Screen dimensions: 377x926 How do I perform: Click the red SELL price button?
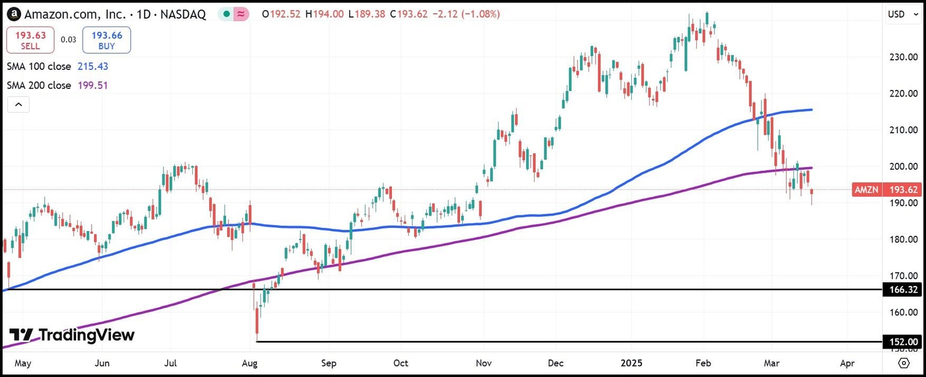pos(30,40)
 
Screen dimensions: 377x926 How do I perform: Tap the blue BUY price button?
pos(107,40)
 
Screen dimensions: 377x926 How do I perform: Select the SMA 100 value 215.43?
pos(93,66)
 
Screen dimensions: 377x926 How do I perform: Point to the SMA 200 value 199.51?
pos(93,86)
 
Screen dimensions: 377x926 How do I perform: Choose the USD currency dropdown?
pos(901,14)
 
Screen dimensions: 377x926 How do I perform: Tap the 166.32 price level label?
pos(904,290)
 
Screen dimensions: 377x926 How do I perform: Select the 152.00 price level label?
pos(904,342)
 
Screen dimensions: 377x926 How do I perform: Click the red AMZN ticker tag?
pos(866,189)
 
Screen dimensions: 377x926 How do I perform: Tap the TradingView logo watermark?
pos(72,335)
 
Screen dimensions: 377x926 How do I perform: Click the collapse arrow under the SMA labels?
pos(19,104)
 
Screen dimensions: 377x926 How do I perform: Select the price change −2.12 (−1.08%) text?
pos(464,14)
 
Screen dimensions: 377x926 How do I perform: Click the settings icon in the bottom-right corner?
pos(904,363)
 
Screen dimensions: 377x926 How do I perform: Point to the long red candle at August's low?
pos(257,320)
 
